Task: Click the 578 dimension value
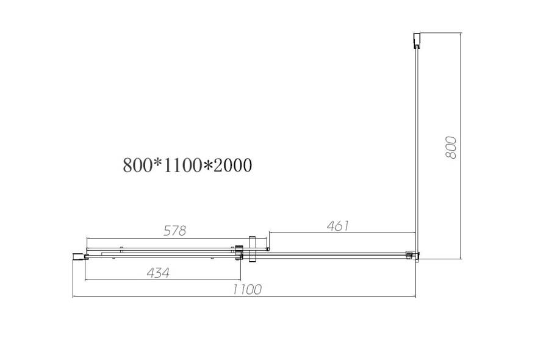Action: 174,231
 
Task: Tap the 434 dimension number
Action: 157,272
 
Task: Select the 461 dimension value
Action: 337,226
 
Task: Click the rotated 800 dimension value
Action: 451,148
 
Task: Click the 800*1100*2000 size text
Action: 187,165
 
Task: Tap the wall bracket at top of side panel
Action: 417,40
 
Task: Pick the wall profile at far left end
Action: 78,257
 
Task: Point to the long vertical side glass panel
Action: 417,146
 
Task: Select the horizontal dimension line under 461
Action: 342,232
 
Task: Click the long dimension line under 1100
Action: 244,297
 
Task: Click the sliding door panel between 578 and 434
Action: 159,252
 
